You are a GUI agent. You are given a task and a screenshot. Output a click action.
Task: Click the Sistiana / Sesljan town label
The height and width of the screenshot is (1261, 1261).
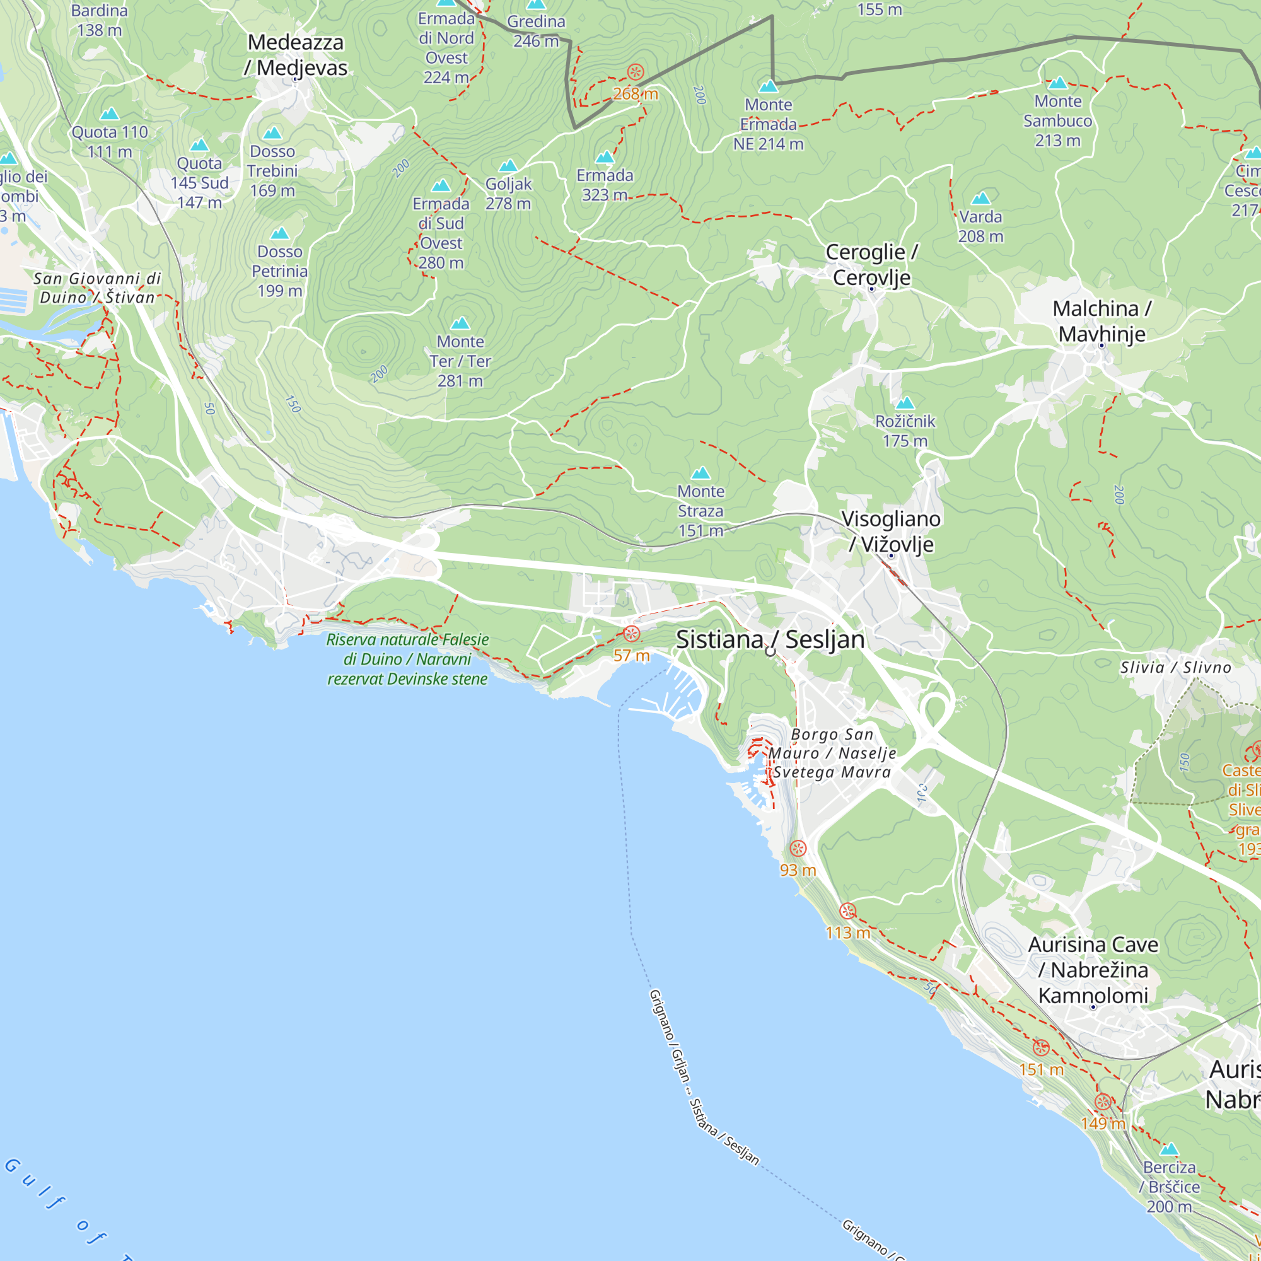[x=770, y=639]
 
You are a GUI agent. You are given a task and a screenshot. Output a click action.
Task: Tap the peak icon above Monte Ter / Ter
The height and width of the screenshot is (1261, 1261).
[x=460, y=323]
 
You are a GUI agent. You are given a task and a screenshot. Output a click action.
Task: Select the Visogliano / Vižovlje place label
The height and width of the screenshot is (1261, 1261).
[x=891, y=532]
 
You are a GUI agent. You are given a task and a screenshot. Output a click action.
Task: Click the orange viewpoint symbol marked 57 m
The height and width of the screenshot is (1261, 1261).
[x=631, y=634]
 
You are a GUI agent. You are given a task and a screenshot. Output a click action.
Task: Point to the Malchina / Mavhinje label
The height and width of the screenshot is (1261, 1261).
[x=1101, y=321]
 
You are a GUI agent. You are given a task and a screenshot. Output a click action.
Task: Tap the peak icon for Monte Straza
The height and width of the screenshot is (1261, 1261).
[x=700, y=472]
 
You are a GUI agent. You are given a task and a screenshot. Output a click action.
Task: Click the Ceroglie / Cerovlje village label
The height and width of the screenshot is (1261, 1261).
[x=871, y=264]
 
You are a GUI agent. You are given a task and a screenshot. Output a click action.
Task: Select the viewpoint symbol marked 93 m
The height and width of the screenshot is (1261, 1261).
[x=798, y=849]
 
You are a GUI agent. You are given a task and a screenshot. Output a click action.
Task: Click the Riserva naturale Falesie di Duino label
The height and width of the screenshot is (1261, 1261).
[x=407, y=660]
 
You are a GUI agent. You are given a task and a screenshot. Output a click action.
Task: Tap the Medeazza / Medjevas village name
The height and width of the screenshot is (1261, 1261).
[x=296, y=55]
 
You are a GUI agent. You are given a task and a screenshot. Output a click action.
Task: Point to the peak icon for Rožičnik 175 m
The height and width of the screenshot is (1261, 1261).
[x=905, y=403]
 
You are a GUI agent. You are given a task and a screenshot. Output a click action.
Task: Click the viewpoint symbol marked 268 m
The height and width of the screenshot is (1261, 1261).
[x=635, y=72]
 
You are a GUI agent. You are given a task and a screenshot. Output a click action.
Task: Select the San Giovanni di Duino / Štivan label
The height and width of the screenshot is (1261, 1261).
[x=97, y=288]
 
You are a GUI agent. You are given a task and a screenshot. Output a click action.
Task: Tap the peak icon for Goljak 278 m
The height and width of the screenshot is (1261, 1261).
[x=508, y=166]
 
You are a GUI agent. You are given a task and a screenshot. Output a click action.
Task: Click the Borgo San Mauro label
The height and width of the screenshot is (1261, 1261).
[x=832, y=753]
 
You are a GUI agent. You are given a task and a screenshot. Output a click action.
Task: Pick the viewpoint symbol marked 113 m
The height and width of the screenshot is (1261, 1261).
[x=847, y=911]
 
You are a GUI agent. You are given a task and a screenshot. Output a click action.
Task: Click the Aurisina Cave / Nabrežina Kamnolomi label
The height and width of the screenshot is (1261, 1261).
[x=1093, y=970]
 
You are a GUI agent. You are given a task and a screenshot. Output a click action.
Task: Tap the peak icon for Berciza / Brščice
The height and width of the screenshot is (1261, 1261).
[x=1169, y=1149]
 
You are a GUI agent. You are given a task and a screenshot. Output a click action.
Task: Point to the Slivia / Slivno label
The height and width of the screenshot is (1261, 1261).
[x=1175, y=667]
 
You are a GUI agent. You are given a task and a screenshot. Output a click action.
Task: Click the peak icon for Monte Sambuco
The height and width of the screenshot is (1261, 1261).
[x=1057, y=83]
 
